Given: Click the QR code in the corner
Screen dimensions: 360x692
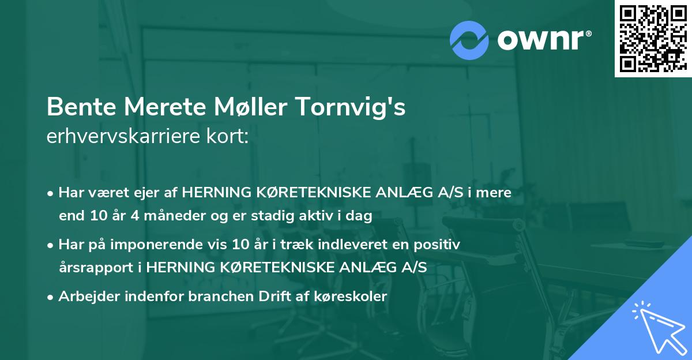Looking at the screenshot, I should coord(653,39).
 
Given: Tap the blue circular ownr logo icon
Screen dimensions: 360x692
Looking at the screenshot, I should coord(470,40).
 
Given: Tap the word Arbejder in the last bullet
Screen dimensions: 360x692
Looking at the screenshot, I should coord(85,297).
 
